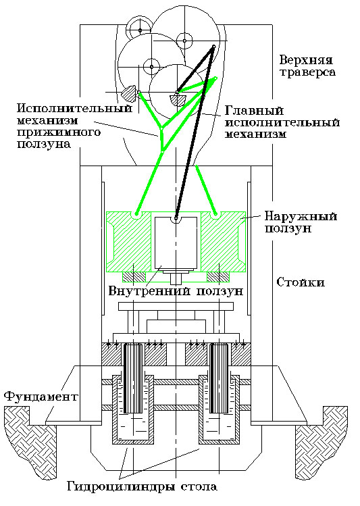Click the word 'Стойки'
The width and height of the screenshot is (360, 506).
[x=300, y=282]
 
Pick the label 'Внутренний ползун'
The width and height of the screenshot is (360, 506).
[x=175, y=292]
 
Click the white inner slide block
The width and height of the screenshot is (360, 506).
[x=175, y=243]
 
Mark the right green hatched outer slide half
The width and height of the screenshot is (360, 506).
[x=221, y=243]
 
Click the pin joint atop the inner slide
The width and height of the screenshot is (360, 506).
[x=176, y=218]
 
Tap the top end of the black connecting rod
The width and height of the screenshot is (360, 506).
[x=213, y=47]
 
